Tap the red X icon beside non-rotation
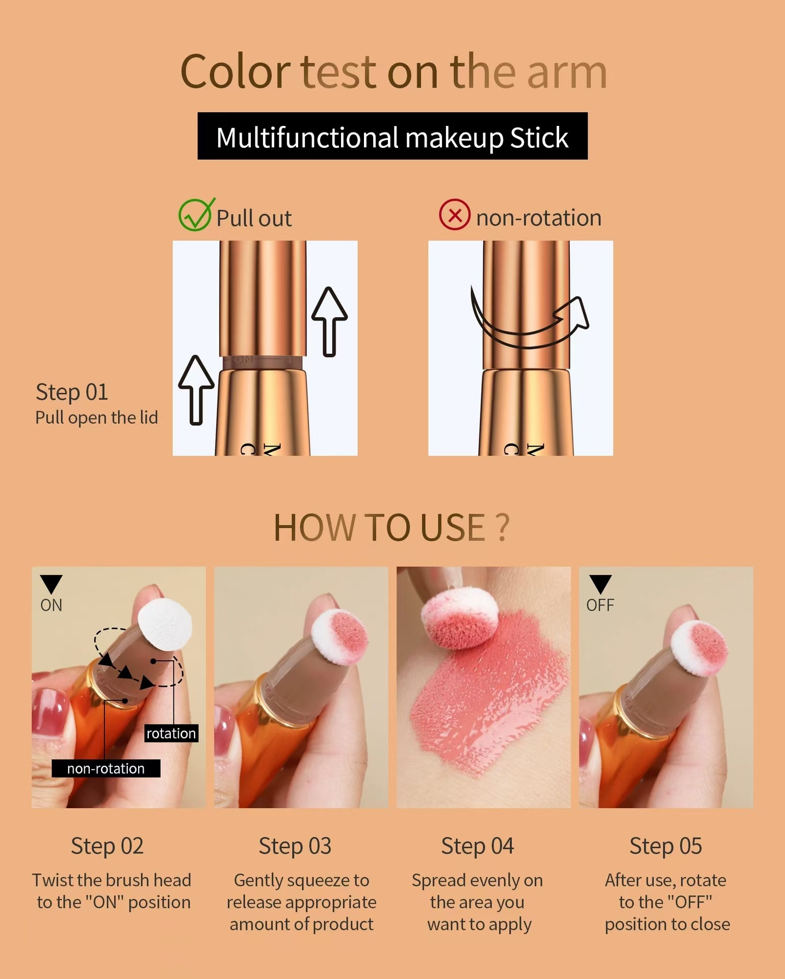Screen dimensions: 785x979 coord(455,215)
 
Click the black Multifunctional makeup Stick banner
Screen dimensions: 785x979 coord(392,136)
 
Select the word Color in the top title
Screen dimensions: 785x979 coord(235,72)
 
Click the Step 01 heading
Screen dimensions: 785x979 coord(72,392)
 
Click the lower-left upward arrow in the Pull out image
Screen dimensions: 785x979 coord(196,390)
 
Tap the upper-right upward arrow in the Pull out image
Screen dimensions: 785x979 coord(330,322)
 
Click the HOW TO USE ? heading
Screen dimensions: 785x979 coord(391,527)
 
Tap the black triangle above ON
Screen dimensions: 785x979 coord(51,583)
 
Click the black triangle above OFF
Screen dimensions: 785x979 coord(600,583)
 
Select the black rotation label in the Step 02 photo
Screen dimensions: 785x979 coord(171,733)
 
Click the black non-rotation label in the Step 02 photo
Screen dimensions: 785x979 coord(106,768)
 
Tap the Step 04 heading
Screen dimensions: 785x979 coord(478,846)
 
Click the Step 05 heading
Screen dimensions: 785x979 coord(666,846)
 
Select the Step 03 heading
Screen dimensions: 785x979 coord(295,846)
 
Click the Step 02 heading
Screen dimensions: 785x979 coord(107,846)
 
